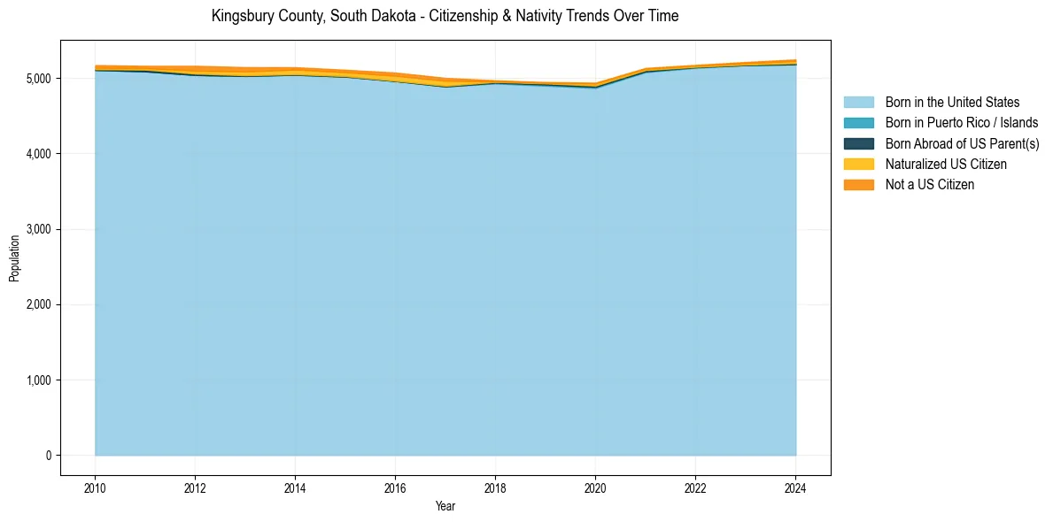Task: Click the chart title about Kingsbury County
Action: point(445,16)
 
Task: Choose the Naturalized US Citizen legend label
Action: point(946,164)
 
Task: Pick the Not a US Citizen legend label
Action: point(929,184)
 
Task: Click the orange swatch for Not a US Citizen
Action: point(858,184)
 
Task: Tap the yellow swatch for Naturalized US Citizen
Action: point(858,164)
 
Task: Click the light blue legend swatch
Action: point(858,103)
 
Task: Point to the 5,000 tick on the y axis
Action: point(38,79)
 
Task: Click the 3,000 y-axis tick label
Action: point(38,229)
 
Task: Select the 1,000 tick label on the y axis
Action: point(38,380)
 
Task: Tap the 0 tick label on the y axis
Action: point(49,456)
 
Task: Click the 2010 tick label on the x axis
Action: point(95,487)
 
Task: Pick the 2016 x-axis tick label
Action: point(395,487)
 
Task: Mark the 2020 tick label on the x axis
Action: point(595,487)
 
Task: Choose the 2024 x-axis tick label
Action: point(795,487)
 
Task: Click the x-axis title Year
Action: point(445,506)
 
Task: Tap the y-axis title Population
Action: point(14,258)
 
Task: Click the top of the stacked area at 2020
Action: point(595,84)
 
